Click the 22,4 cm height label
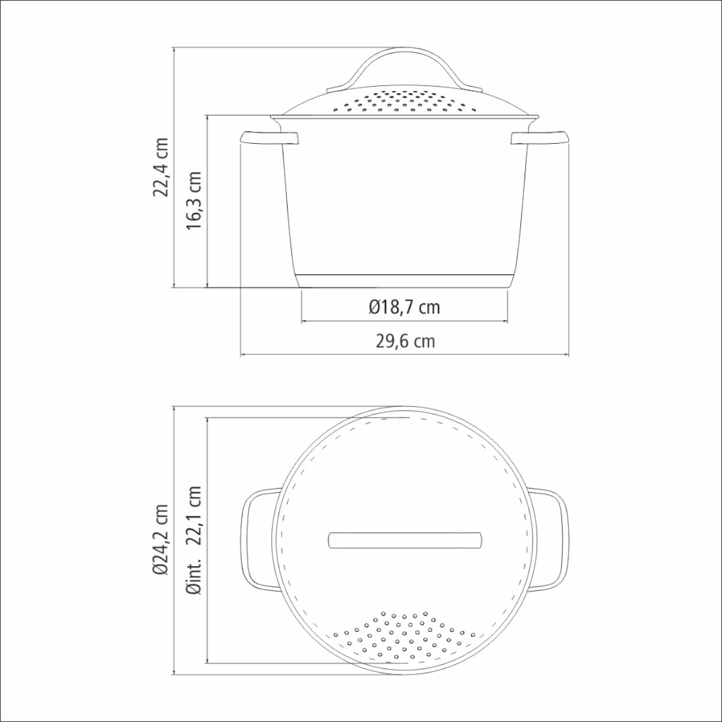coord(161,167)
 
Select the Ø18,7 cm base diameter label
coord(404,307)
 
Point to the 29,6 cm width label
coord(406,341)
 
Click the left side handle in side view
coord(270,138)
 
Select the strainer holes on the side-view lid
coord(405,102)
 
